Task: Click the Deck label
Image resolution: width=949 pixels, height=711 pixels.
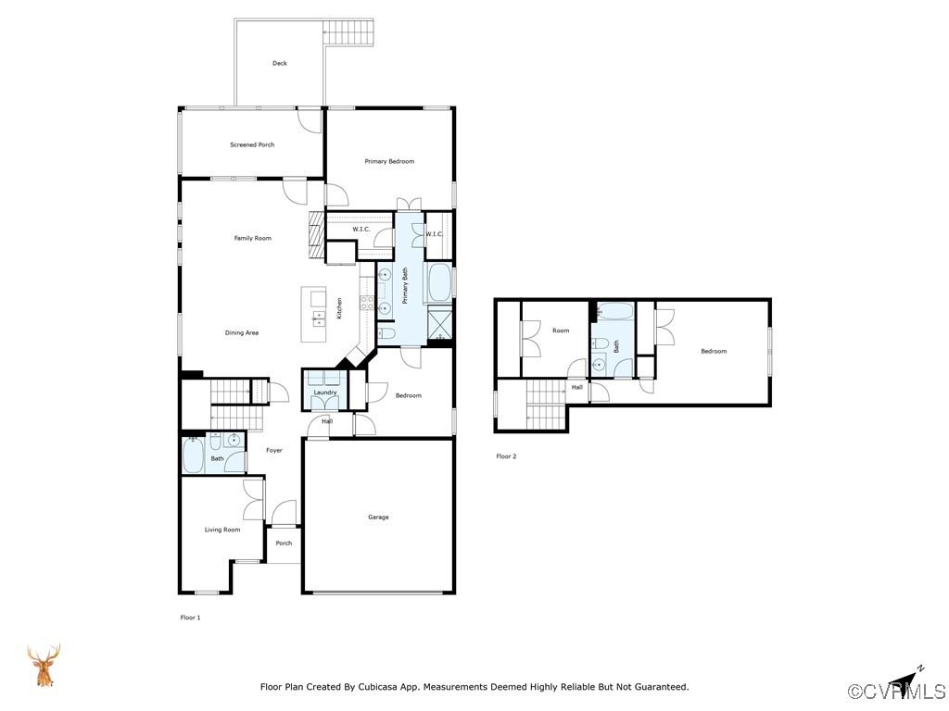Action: click(280, 63)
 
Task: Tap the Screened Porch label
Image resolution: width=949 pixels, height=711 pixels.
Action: click(252, 144)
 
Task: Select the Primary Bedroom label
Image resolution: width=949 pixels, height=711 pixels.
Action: click(389, 161)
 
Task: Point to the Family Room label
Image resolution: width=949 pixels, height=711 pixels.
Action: click(252, 238)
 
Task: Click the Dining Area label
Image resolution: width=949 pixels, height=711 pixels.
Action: click(242, 332)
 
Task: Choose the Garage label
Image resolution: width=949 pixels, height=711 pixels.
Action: click(378, 517)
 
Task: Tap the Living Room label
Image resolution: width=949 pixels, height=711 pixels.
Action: click(222, 530)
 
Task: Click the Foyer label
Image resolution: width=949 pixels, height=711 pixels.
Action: click(274, 451)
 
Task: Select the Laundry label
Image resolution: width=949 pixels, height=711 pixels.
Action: click(325, 393)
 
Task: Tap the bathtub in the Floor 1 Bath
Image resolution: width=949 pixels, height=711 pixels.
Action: click(194, 455)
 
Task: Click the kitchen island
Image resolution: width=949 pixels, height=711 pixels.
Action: click(314, 315)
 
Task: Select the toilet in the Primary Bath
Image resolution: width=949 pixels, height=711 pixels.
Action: click(386, 333)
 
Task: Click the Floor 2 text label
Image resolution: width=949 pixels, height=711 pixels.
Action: click(506, 456)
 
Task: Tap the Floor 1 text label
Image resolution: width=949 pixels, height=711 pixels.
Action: click(190, 617)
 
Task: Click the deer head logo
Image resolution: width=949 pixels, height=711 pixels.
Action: click(44, 665)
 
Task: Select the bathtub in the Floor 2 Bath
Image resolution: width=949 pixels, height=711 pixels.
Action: click(615, 311)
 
